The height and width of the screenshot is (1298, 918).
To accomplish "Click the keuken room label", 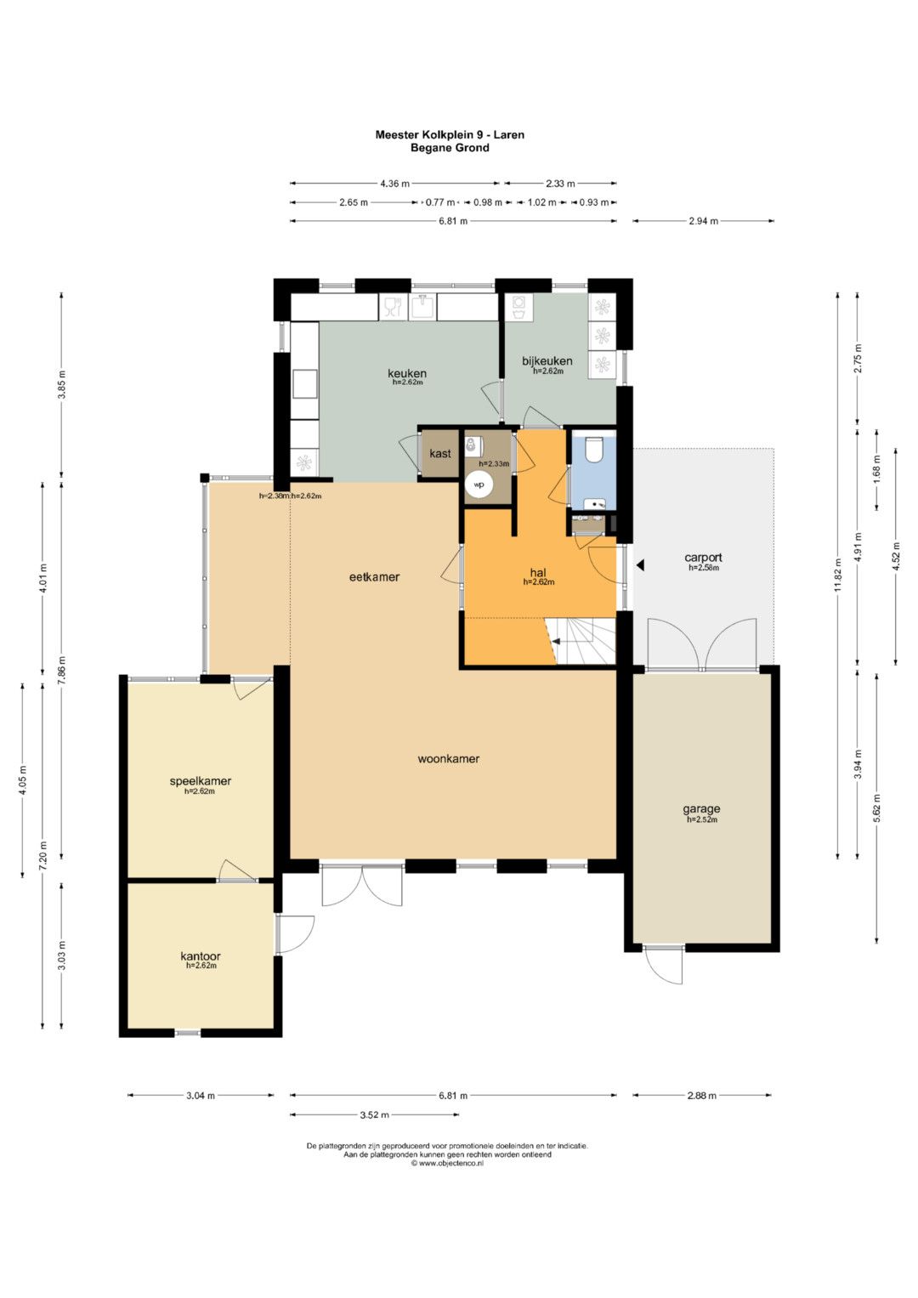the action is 407,373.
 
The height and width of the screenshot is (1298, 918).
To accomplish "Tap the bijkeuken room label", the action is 547,361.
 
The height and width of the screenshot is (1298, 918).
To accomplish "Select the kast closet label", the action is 440,453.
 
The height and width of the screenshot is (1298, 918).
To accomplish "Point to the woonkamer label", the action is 449,758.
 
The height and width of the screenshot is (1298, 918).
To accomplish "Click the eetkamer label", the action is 374,576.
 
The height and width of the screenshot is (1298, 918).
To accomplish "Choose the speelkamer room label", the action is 200,780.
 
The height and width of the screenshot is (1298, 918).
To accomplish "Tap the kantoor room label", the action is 201,955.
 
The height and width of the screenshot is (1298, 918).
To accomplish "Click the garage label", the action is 701,808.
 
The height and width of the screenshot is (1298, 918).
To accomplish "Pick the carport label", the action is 703,558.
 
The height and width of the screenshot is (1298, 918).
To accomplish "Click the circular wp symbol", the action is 479,485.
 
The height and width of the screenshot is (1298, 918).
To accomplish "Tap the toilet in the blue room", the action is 593,449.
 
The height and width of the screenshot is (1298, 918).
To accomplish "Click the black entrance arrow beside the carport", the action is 640,564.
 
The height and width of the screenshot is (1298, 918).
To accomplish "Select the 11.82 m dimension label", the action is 837,576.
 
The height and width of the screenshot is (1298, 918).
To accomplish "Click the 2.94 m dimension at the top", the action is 703,221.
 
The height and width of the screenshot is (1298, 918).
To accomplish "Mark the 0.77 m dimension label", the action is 440,202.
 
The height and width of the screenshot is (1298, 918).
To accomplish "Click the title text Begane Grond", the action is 450,148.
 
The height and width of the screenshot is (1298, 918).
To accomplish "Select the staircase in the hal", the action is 581,642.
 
